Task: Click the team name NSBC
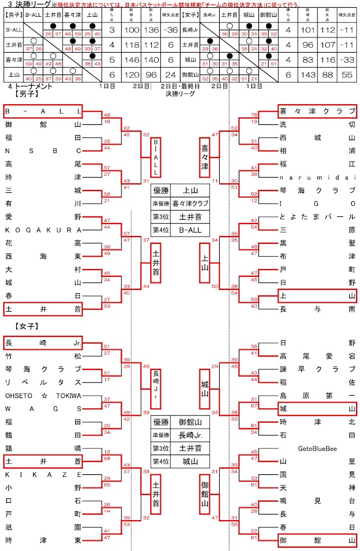click(43, 150)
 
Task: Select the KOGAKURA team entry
click(43, 230)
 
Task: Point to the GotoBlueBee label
click(317, 449)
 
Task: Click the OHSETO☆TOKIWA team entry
click(43, 395)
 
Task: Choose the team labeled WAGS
click(43, 409)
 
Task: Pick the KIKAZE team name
click(43, 475)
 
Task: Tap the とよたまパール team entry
click(317, 217)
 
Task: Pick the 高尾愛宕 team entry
click(317, 356)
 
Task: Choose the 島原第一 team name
click(317, 395)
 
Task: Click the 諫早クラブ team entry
click(317, 369)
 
